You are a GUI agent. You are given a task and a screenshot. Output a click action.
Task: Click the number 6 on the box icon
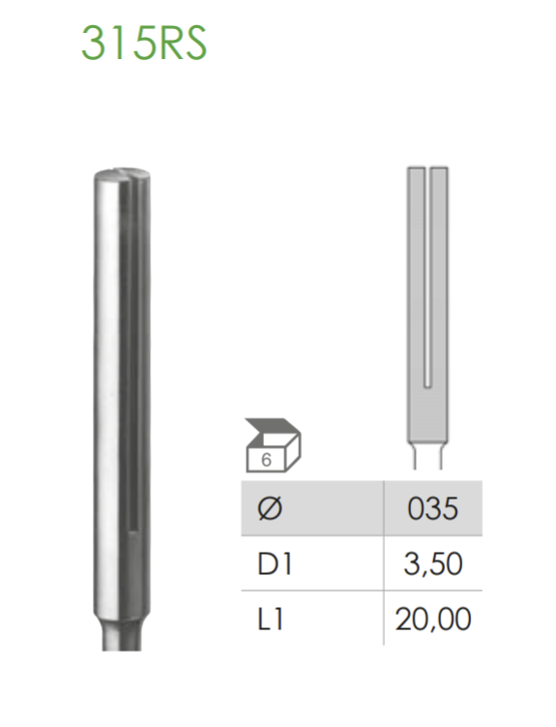[x=266, y=460]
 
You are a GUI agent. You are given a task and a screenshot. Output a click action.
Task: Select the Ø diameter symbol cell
[x=269, y=508]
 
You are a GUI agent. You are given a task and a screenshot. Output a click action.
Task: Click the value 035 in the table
[x=432, y=508]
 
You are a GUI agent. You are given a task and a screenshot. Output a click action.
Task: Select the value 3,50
[x=432, y=563]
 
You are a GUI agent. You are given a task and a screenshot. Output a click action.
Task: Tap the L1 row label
[x=270, y=618]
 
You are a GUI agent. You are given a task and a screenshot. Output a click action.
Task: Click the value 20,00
[x=432, y=618]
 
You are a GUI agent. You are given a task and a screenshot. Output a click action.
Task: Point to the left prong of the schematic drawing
[x=415, y=271]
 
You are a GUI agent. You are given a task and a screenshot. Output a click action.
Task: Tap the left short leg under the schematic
[x=413, y=454]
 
